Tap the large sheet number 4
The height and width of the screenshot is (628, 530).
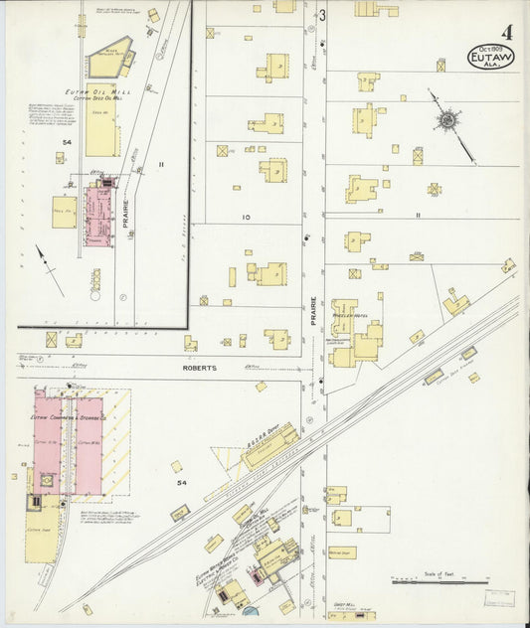point(507,18)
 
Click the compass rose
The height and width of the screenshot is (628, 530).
point(447,121)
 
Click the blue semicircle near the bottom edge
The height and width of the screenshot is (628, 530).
point(249,610)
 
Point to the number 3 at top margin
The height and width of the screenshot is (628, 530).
point(323,15)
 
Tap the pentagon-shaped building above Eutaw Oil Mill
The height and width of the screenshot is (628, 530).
point(109,64)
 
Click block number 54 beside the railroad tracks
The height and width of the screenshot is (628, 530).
point(181,481)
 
